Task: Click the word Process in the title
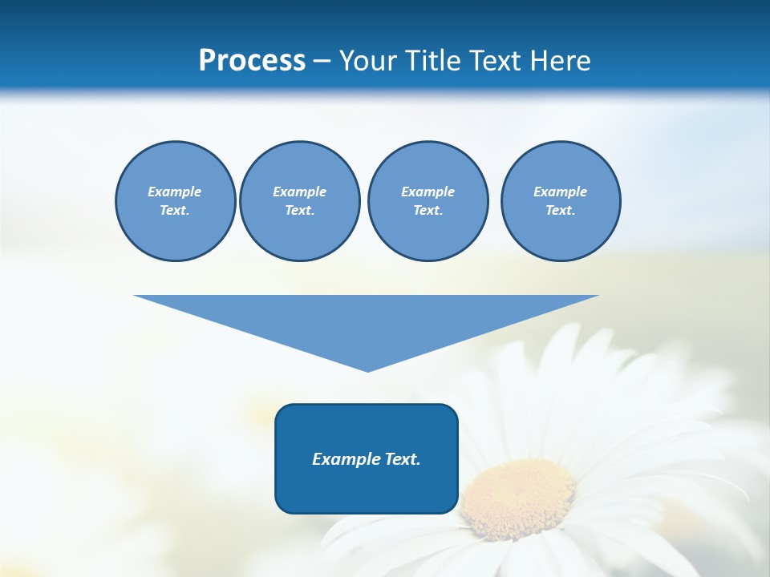(x=252, y=61)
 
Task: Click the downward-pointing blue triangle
(x=367, y=321)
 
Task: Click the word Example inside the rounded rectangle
(x=342, y=459)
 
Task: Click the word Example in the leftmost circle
(x=175, y=192)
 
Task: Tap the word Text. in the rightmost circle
(x=561, y=210)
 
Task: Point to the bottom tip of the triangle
(x=367, y=369)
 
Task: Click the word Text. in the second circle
(x=299, y=210)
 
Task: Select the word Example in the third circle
(x=428, y=192)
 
